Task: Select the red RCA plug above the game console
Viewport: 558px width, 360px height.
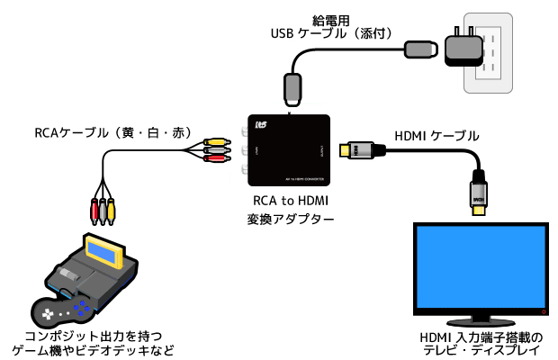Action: [x=93, y=211]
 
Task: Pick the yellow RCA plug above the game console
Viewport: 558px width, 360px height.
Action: [x=112, y=211]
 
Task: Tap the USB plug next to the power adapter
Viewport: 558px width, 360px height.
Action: [x=418, y=47]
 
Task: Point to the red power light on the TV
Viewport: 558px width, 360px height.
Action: [x=543, y=310]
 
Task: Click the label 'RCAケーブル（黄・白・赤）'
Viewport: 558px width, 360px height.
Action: [x=113, y=132]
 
